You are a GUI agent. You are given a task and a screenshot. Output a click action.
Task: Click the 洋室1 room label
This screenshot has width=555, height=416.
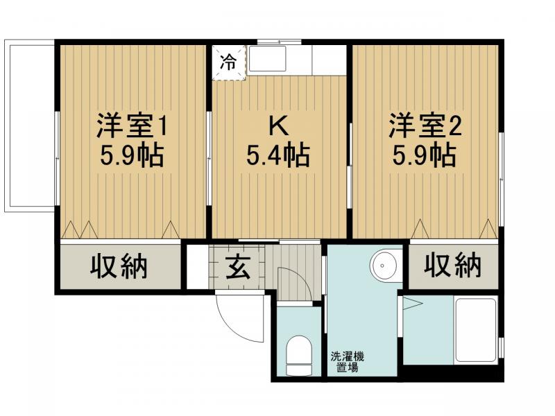pos(132,126)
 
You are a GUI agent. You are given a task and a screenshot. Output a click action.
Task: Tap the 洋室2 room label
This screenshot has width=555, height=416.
pos(425,126)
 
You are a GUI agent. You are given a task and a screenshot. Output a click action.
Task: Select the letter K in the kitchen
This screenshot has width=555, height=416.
pos(279,126)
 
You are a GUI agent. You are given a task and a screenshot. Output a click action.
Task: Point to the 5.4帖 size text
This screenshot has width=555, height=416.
pos(278,155)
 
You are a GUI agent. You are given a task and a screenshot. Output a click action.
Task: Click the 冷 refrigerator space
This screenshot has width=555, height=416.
pos(229,63)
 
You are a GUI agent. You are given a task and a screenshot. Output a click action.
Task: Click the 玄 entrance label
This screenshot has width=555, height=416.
pos(238,266)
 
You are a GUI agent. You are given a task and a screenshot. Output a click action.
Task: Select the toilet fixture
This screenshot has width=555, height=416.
pos(299,355)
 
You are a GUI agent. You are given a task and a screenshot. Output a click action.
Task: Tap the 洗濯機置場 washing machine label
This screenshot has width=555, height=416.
pos(348,361)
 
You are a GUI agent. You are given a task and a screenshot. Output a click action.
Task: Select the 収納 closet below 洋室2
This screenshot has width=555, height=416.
pos(454,266)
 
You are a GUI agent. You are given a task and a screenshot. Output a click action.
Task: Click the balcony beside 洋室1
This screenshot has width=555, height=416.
pos(30,125)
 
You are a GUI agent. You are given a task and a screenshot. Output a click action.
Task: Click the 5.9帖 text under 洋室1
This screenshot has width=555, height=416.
pos(132,155)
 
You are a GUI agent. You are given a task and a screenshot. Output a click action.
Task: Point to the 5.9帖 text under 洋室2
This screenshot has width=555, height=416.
pos(424,155)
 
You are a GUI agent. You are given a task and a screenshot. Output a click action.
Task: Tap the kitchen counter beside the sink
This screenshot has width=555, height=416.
pos(329,60)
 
